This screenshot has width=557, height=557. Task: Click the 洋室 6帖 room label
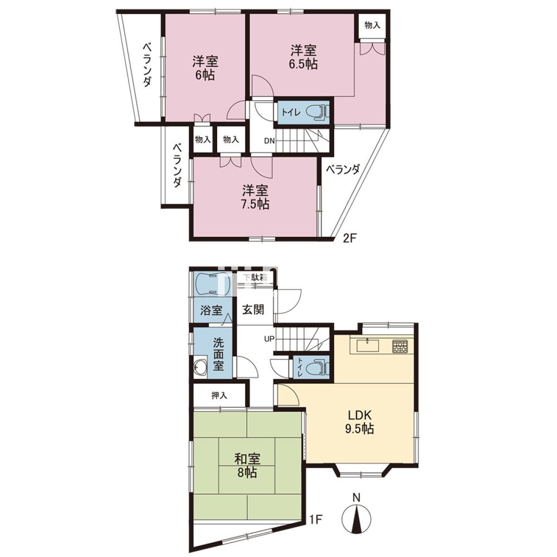[x=205, y=68]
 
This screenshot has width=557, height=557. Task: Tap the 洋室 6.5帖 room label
[x=303, y=57]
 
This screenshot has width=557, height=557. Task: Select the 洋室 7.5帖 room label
[x=255, y=197]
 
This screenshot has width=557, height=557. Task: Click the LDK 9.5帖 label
[x=360, y=422]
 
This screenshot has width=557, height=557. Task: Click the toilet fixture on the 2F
[x=318, y=112]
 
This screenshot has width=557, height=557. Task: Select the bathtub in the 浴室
[x=207, y=284]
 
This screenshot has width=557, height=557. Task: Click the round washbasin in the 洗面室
[x=201, y=367]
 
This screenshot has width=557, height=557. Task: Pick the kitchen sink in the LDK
[x=368, y=346]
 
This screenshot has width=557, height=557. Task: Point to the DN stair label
[x=269, y=141]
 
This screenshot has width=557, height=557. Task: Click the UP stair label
[x=269, y=338]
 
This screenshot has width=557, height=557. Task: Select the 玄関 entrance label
[x=253, y=310]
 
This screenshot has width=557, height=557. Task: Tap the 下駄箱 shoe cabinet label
[x=255, y=277]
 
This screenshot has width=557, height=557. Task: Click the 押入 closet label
[x=220, y=396]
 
